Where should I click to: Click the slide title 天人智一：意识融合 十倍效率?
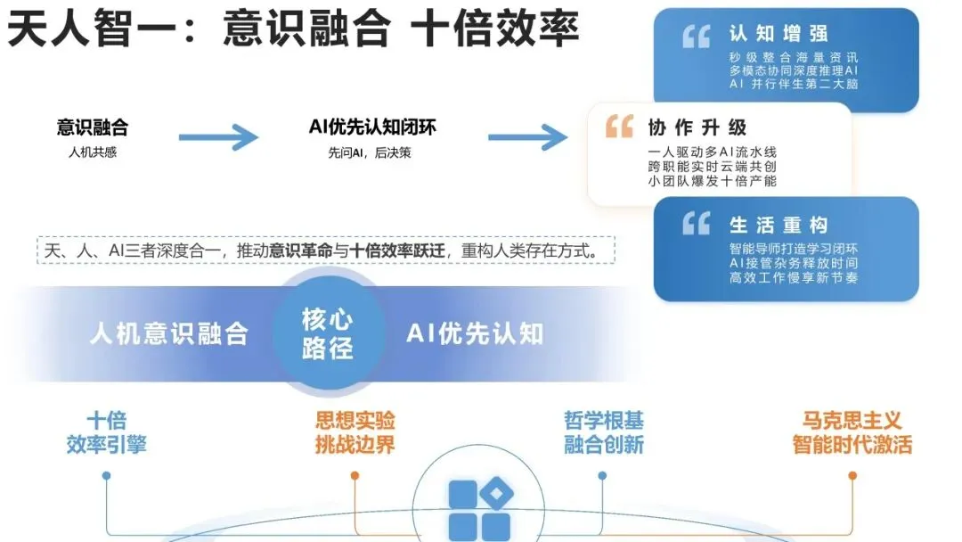293,29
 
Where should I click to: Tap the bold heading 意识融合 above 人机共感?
93,127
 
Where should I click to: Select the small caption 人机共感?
93,152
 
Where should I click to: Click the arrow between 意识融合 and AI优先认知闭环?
218,137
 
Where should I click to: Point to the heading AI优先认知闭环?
372,127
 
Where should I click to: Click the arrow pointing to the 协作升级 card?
527,137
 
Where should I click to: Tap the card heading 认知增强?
779,34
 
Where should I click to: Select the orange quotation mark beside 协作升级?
619,127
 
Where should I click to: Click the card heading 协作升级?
697,127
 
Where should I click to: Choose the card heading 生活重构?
779,225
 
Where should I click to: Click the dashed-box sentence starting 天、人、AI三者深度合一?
328,250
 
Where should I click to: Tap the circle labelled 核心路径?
327,333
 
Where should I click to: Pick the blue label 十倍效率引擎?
106,433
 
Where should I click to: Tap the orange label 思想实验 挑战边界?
355,433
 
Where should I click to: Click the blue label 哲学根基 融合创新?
603,433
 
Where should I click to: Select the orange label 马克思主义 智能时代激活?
852,433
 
